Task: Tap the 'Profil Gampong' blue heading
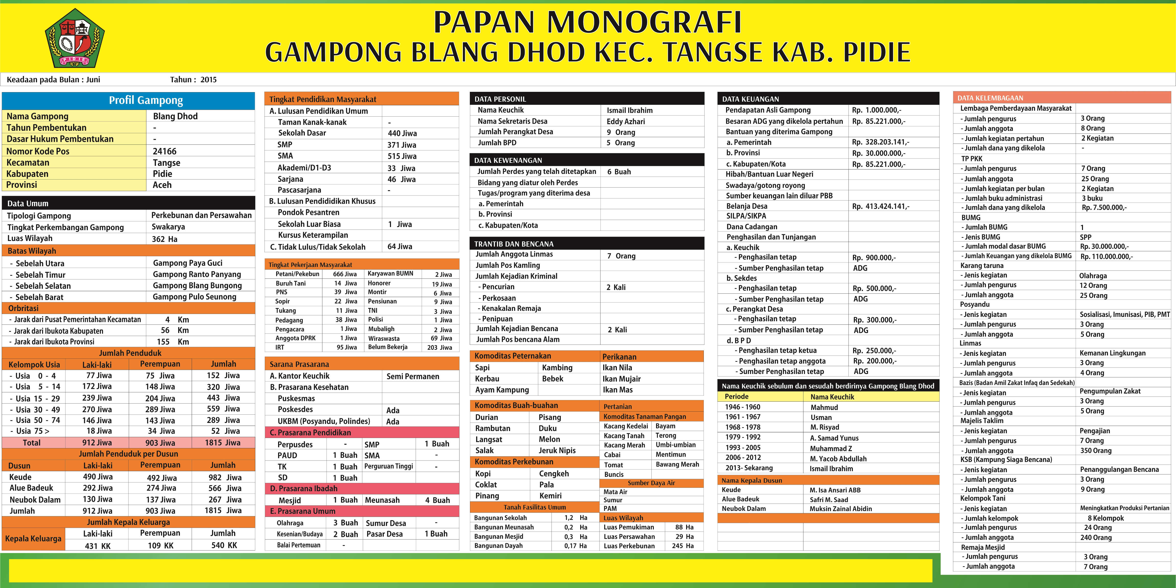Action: [x=146, y=100]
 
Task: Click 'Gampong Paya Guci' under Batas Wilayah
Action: [x=188, y=263]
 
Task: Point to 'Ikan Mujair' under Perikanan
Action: [x=621, y=379]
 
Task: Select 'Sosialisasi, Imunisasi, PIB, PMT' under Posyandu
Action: [x=1124, y=314]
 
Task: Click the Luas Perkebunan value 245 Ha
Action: [x=682, y=546]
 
